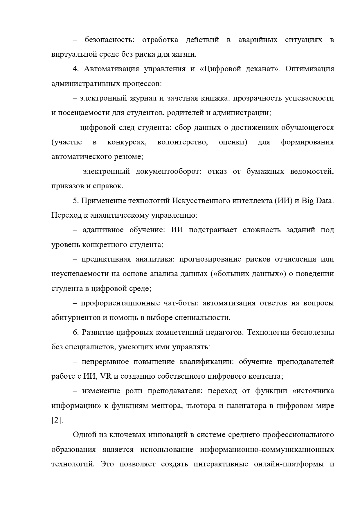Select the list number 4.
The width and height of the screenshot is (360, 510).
pyautogui.click(x=76, y=69)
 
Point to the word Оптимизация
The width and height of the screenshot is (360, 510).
pyautogui.click(x=309, y=69)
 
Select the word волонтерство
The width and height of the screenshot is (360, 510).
pyautogui.click(x=182, y=142)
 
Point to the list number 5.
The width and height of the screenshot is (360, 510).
pyautogui.click(x=75, y=201)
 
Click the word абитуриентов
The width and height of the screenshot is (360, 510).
pyautogui.click(x=76, y=318)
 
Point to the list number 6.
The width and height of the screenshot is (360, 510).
pyautogui.click(x=76, y=332)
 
